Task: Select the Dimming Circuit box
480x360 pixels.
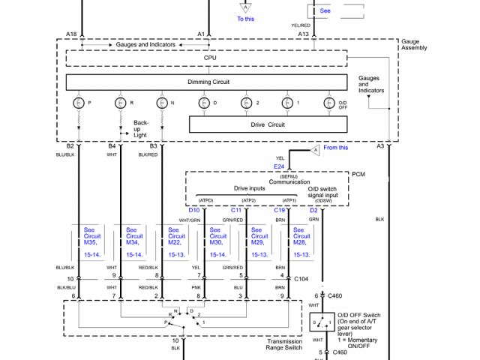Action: coord(206,82)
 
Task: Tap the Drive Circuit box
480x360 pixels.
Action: coord(266,124)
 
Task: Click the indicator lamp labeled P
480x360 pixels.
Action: coord(79,103)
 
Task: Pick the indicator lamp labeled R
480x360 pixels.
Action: coord(120,103)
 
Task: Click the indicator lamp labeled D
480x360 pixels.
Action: coord(204,103)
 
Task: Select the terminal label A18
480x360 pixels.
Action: coord(71,34)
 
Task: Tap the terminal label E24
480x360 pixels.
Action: coord(279,166)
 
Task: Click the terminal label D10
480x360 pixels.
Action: coord(194,211)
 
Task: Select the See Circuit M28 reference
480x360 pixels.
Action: coord(301,242)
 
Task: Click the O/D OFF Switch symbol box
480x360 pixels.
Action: coord(322,322)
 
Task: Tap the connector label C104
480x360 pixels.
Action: coord(301,278)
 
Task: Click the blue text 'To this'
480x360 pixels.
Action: coord(246,19)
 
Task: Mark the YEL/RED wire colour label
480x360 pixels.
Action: coord(301,25)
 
